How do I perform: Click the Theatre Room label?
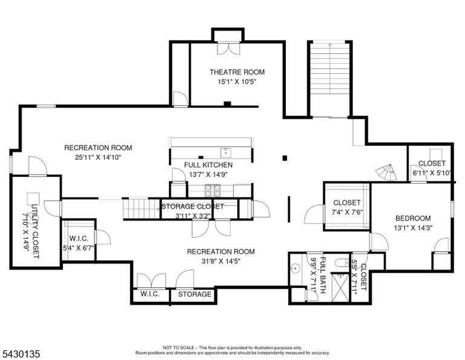pyautogui.click(x=237, y=72)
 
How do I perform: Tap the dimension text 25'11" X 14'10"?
pyautogui.click(x=99, y=158)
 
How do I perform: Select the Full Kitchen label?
pyautogui.click(x=208, y=165)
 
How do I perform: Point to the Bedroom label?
pyautogui.click(x=413, y=218)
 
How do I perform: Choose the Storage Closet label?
pyautogui.click(x=193, y=206)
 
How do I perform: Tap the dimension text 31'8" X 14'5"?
pyautogui.click(x=221, y=261)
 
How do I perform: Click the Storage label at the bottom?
pyautogui.click(x=194, y=294)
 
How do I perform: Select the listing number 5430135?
pyautogui.click(x=21, y=354)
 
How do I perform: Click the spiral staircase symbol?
pyautogui.click(x=386, y=172)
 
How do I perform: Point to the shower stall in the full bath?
pyautogui.click(x=340, y=288)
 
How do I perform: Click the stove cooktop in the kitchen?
pyautogui.click(x=212, y=190)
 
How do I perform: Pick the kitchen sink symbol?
pyautogui.click(x=226, y=153)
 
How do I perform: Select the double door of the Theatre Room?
pyautogui.click(x=228, y=48)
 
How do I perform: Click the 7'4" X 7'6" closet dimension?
pyautogui.click(x=347, y=213)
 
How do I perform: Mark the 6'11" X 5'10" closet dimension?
pyautogui.click(x=432, y=173)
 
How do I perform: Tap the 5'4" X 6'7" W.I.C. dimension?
pyautogui.click(x=78, y=248)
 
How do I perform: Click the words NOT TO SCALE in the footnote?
pyautogui.click(x=179, y=347)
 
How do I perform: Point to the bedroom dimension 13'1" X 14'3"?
pyautogui.click(x=413, y=228)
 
